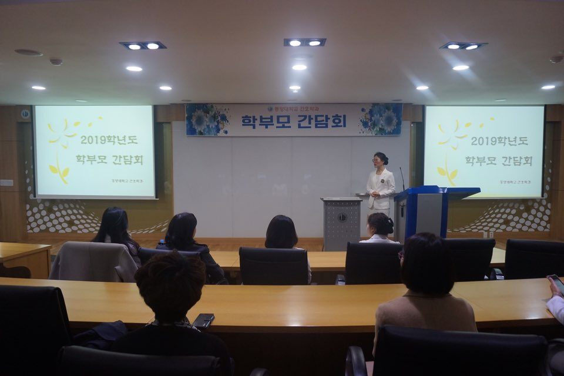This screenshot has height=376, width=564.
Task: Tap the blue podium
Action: (x=428, y=211)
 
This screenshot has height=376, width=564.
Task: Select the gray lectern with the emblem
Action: (x=341, y=223)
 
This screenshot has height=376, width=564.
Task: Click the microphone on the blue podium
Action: (x=402, y=178)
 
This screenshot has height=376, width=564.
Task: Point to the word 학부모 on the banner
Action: (x=267, y=120)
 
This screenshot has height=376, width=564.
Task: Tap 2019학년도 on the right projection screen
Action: (x=498, y=141)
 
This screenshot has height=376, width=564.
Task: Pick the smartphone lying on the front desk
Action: (x=203, y=320)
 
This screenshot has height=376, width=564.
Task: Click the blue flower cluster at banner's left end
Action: (x=207, y=120)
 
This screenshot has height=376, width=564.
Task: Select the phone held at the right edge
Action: (x=556, y=284)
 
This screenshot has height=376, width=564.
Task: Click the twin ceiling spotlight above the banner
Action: (x=304, y=42)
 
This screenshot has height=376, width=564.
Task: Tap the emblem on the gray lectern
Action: (x=341, y=217)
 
